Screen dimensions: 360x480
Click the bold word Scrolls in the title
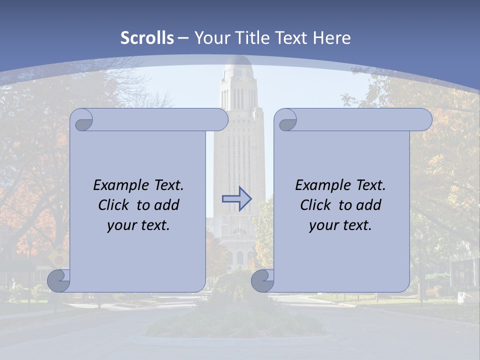point(147,37)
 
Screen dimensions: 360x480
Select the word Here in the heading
point(332,37)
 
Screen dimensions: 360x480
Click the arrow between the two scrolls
point(236,199)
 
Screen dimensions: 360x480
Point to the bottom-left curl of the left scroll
point(59,280)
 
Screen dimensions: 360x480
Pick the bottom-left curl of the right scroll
point(263,280)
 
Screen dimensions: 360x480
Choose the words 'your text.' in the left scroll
point(138,225)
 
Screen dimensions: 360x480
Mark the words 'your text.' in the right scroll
point(340,225)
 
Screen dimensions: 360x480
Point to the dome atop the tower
point(237,65)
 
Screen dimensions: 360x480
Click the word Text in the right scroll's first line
point(370,185)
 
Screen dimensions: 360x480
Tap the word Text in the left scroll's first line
point(168,185)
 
